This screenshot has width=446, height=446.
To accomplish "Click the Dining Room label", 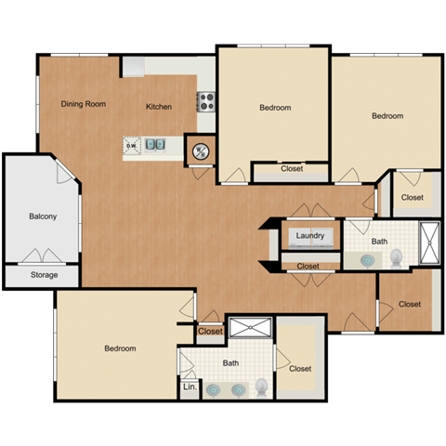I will tap(83, 104).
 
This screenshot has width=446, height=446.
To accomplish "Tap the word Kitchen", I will tap(159, 107).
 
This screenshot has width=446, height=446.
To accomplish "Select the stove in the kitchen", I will tap(205, 101).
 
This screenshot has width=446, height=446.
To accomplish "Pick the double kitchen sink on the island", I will tap(160, 145).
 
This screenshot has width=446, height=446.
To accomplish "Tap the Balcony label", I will tap(43, 216).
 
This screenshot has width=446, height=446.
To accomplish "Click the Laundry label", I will tap(310, 236).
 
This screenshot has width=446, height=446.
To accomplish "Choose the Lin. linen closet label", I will tap(189, 386).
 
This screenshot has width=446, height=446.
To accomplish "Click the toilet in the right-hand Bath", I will tap(397, 256).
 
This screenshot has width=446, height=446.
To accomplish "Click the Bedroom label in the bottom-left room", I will tap(120, 348).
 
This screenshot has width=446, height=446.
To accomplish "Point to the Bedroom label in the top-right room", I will tap(387, 116).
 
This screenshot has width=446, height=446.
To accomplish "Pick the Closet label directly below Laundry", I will tap(308, 267).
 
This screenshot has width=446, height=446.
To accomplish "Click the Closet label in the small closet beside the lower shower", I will tap(210, 331).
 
